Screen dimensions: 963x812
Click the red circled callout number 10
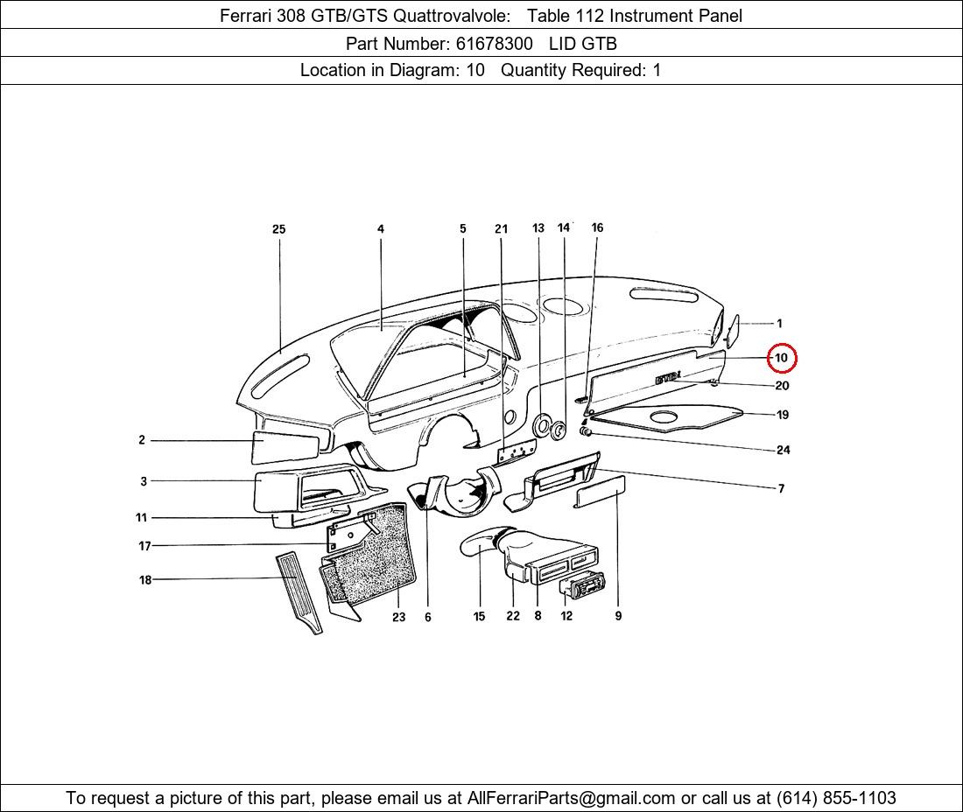[x=781, y=358]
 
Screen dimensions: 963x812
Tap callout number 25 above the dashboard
[x=278, y=229]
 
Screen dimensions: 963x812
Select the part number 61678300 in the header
[x=495, y=44]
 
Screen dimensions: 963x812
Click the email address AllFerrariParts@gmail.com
[x=571, y=798]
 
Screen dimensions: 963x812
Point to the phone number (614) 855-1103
[x=836, y=798]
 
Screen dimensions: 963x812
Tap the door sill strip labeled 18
[x=299, y=593]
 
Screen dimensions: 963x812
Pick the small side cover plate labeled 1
[x=732, y=330]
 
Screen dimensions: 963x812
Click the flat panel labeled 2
[x=285, y=447]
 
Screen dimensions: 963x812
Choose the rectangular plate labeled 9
[x=600, y=492]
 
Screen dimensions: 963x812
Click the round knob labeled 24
[x=587, y=433]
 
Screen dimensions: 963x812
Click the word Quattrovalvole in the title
[x=451, y=16]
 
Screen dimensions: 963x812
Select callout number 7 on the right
[x=781, y=488]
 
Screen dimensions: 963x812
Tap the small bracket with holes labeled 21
[x=516, y=453]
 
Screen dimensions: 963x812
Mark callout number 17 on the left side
[x=144, y=546]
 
